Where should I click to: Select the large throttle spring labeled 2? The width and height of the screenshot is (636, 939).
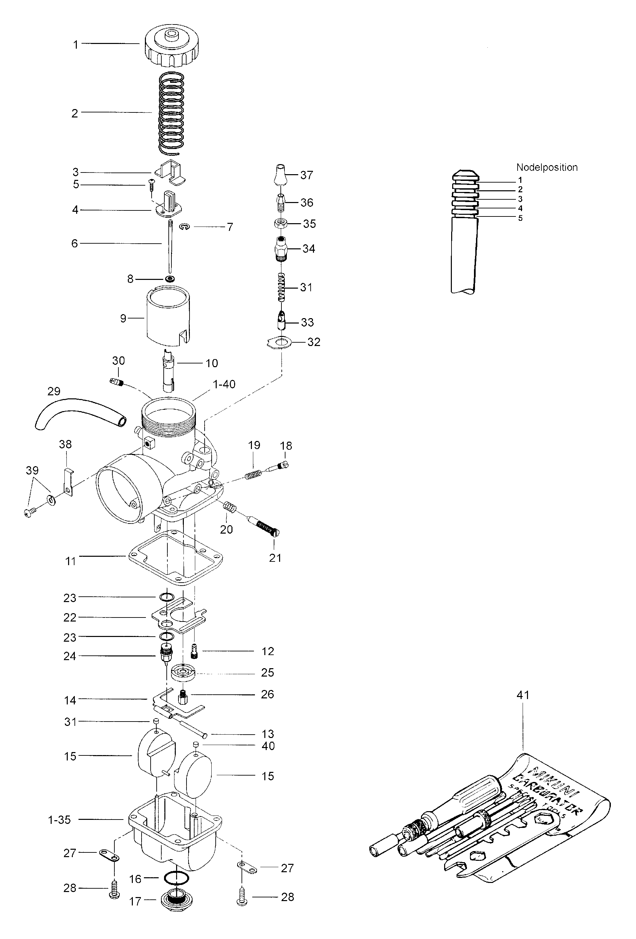171,113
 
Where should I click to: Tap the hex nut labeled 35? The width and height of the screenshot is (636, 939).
281,223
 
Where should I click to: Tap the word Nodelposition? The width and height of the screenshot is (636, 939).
547,167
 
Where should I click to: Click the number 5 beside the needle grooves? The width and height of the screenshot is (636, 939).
520,218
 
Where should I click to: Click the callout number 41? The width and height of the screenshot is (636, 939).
523,695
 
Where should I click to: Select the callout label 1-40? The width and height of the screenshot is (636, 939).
224,384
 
